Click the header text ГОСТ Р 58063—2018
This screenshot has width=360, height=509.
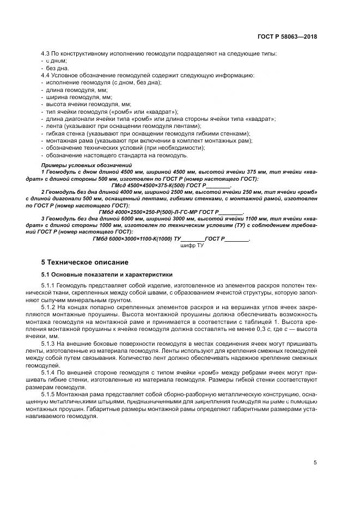click(287, 37)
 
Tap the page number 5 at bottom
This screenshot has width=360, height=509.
click(315, 463)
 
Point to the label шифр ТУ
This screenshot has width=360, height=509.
click(192, 246)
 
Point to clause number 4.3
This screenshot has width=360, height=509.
click(46, 54)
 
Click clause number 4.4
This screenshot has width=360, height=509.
click(46, 75)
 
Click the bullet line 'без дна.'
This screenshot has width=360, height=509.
click(58, 68)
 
